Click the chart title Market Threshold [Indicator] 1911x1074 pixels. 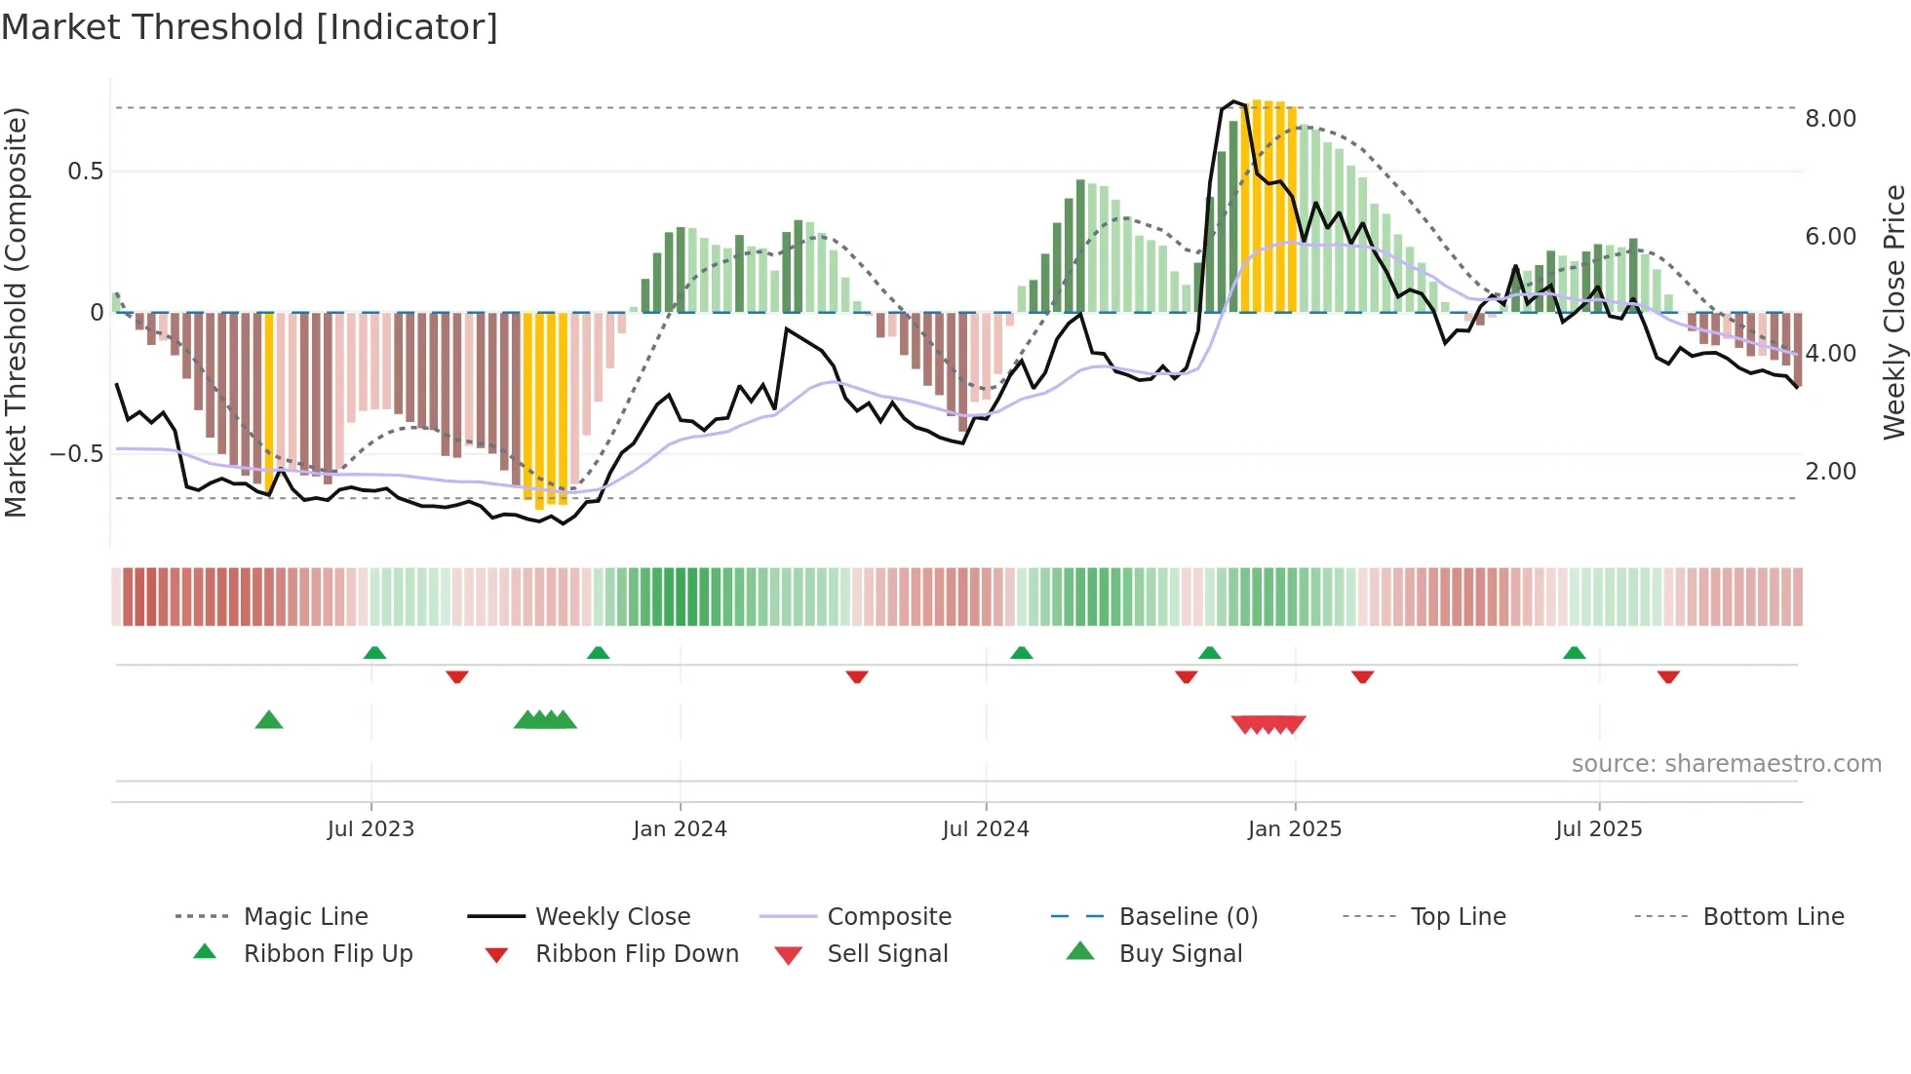coord(250,27)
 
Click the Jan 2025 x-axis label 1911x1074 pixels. coord(1295,828)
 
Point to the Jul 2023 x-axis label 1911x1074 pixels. coord(370,828)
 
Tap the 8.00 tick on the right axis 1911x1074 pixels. coord(1830,119)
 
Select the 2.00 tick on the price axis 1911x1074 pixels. coord(1830,472)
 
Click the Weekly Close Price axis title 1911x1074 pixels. coord(1893,312)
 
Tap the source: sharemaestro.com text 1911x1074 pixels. coord(1726,764)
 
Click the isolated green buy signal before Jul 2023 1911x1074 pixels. coord(269,720)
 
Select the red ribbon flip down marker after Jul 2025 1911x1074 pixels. coord(1668,676)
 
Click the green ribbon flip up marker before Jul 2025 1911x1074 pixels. coord(1574,653)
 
